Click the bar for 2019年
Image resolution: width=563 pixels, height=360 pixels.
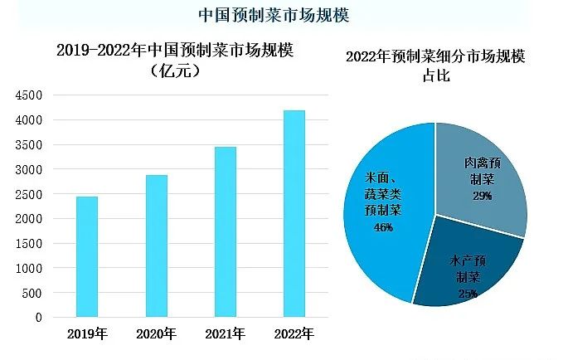coord(87,257)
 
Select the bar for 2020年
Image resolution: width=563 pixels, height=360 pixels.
coord(157,246)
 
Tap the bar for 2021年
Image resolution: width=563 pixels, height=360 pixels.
coord(226,232)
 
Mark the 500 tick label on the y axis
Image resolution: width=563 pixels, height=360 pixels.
coord(32,293)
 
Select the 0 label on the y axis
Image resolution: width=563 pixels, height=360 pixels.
coord(38,318)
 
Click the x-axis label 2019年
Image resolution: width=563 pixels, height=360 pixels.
coord(87,335)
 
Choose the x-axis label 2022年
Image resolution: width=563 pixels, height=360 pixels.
coord(294,335)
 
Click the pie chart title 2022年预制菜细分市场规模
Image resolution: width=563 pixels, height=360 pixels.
coord(434,58)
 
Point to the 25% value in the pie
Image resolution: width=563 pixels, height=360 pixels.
coord(466,293)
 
